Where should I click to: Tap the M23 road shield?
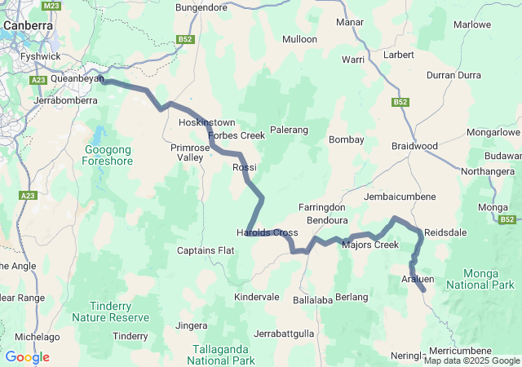tap(52, 6)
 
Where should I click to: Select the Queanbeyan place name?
tap(77, 79)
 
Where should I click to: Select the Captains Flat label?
tap(206, 250)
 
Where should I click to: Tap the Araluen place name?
tap(418, 279)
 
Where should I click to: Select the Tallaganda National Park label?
tap(222, 354)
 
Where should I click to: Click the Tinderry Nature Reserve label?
tap(110, 311)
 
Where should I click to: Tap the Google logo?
tap(27, 357)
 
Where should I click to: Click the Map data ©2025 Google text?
tap(471, 360)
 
